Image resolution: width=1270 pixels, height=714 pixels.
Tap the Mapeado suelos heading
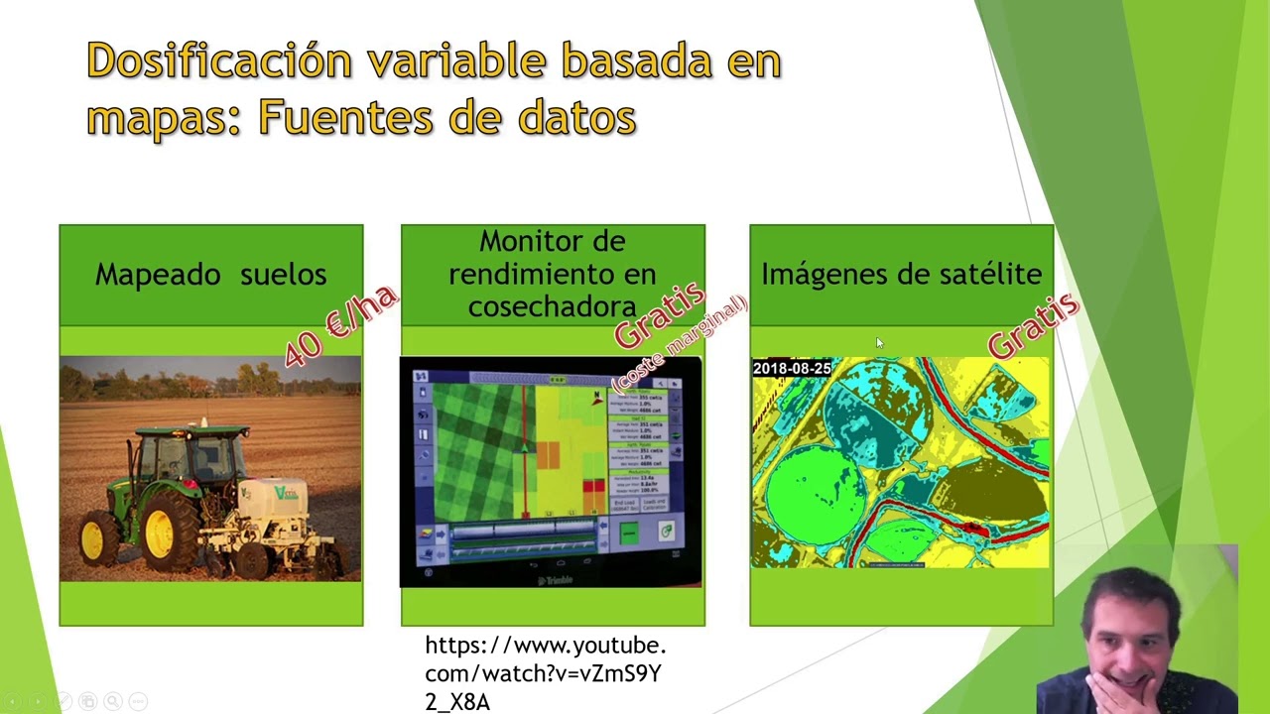pyautogui.click(x=210, y=275)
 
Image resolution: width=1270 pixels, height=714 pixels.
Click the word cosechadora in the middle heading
pyautogui.click(x=552, y=306)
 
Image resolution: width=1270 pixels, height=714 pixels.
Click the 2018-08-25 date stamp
pyautogui.click(x=792, y=369)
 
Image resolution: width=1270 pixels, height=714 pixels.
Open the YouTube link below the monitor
pyautogui.click(x=545, y=673)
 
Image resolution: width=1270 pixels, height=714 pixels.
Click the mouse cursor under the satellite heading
pyautogui.click(x=879, y=343)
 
